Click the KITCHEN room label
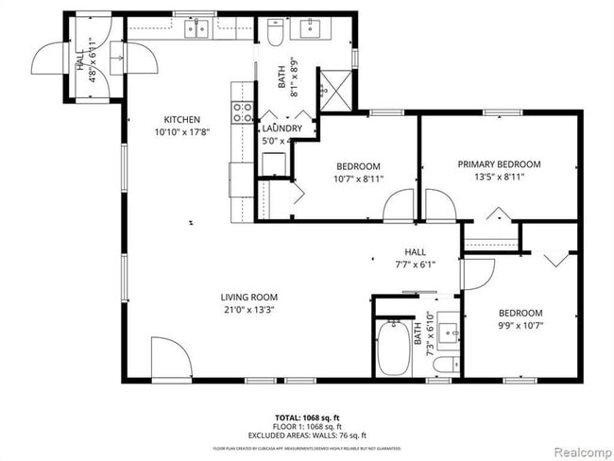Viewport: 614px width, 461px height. [181, 119]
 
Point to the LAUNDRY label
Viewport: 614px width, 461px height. [281, 128]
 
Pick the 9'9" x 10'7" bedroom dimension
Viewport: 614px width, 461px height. [520, 326]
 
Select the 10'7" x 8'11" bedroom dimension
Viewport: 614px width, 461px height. [357, 179]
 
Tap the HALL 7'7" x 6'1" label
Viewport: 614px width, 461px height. [416, 258]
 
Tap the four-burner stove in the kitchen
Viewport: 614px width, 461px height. [242, 112]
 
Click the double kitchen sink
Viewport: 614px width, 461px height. [197, 30]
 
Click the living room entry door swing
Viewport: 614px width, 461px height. [171, 357]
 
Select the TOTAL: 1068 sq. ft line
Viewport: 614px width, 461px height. [308, 416]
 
